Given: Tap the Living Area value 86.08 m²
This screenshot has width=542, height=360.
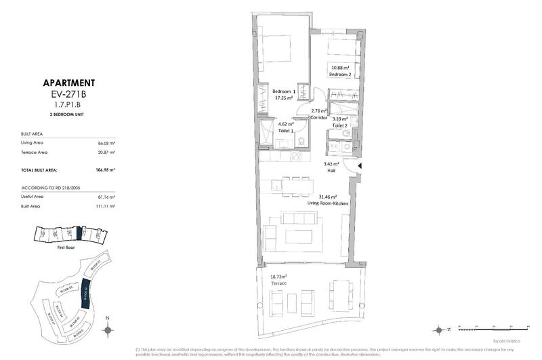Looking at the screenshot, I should click(106, 144).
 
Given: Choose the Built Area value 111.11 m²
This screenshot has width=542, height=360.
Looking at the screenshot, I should click(106, 205).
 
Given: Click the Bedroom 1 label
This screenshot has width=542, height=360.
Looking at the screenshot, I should click(285, 92).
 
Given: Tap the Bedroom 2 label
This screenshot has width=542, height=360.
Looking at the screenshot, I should click(341, 75).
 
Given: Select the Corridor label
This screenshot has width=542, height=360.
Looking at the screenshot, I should click(318, 117).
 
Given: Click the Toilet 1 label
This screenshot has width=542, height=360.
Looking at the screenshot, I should click(286, 132).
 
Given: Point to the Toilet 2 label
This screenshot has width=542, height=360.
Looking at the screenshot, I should click(339, 126).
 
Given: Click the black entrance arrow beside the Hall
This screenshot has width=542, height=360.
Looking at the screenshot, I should click(360, 166).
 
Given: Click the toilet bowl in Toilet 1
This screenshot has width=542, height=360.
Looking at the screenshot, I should click(300, 142).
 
